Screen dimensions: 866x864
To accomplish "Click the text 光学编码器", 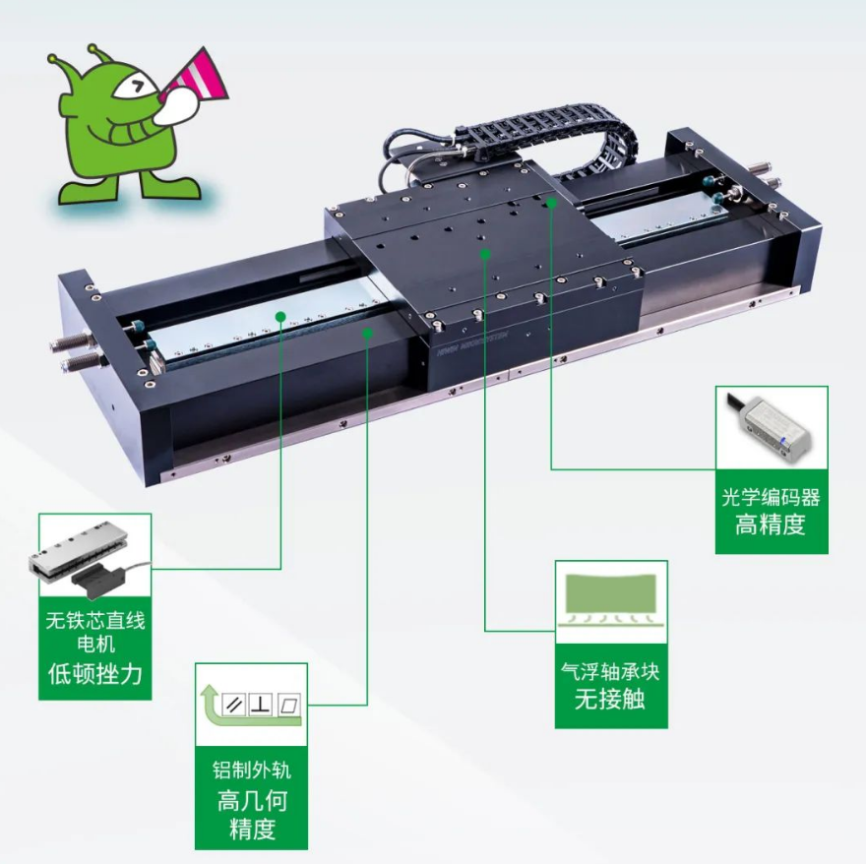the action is [771, 498].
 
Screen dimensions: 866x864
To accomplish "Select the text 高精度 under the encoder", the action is [771, 525].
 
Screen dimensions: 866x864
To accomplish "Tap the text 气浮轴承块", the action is [610, 671].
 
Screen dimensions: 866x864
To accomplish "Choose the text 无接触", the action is [610, 699].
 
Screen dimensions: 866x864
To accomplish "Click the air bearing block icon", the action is [611, 600].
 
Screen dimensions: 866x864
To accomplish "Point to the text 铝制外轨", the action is [251, 771].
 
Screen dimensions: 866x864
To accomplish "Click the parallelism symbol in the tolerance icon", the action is [234, 705].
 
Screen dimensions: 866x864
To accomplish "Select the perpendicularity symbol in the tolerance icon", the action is [261, 705].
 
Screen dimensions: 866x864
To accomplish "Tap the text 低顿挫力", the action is [95, 674].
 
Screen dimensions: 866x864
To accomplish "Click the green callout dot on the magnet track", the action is [280, 317].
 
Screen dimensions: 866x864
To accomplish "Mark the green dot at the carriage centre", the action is [485, 254].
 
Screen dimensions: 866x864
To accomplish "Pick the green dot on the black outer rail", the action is [367, 333].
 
